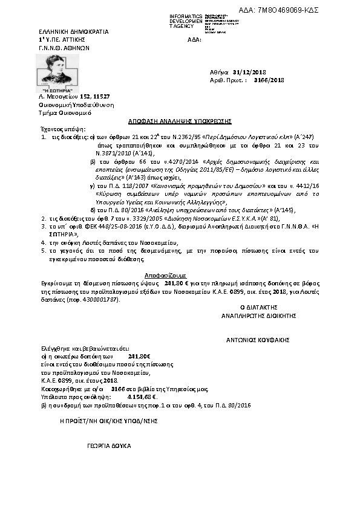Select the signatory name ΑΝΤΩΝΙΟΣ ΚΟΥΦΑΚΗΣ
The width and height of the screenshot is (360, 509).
[x=258, y=340]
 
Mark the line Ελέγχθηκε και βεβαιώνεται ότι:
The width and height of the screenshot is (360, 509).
[x=76, y=349]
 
